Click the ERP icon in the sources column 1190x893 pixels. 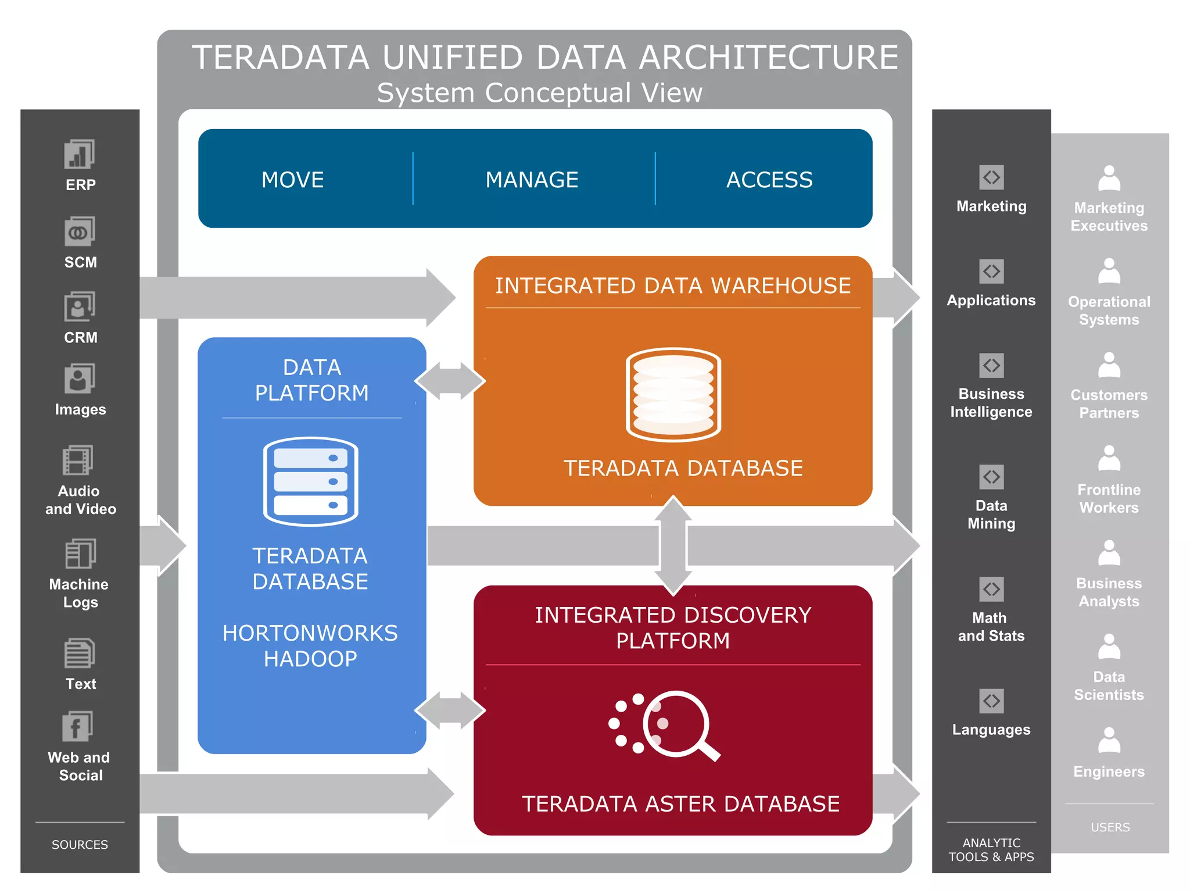click(80, 155)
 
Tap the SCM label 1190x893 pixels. click(80, 262)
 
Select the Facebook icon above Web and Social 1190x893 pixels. click(78, 726)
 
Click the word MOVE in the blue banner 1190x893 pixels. click(292, 180)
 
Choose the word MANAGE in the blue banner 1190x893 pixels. click(532, 180)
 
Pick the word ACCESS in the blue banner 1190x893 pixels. click(769, 180)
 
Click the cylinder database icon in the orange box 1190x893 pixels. click(673, 394)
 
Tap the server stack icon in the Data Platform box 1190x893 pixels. click(310, 481)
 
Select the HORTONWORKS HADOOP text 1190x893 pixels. click(310, 645)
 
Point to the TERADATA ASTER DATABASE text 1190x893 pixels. click(680, 803)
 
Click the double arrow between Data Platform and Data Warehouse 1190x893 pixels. click(450, 381)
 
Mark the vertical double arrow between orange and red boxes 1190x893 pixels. click(673, 545)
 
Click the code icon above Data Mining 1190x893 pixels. click(991, 477)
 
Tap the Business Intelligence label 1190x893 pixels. click(991, 402)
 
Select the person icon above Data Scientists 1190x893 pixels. click(1109, 646)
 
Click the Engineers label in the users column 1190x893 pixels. click(1109, 771)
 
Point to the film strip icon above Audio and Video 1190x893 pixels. click(78, 460)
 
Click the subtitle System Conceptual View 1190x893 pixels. click(539, 93)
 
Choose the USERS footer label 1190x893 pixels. click(1110, 827)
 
